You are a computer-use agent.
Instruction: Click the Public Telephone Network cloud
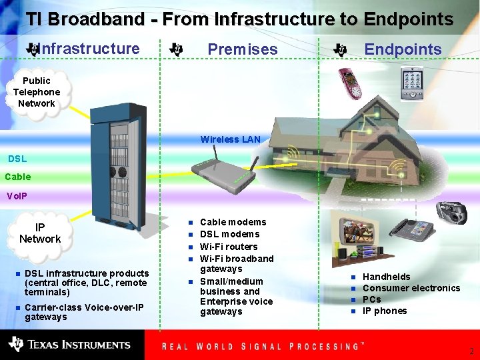coord(37,92)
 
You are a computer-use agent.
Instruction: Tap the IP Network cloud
coord(40,233)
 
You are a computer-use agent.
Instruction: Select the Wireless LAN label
coord(230,139)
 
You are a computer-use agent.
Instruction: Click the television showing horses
coord(361,233)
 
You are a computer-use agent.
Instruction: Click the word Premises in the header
coord(243,49)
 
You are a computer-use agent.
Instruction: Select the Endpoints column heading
coord(403,49)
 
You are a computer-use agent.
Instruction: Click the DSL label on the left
coord(17,159)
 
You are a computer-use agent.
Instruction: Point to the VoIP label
coord(17,196)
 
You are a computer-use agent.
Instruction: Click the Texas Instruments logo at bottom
coord(69,345)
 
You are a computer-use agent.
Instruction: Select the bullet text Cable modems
coord(233,222)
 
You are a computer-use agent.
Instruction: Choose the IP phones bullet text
coord(384,311)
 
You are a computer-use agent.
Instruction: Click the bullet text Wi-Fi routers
coord(229,247)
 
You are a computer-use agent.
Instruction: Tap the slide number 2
coord(471,351)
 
